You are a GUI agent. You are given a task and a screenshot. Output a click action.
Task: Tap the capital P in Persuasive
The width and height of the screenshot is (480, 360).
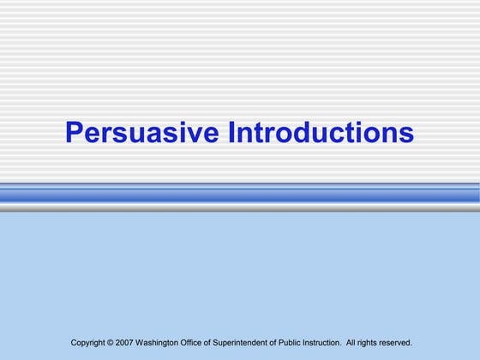click(75, 133)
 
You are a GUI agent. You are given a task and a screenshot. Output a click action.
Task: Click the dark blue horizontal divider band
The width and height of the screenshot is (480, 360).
click(240, 195)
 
